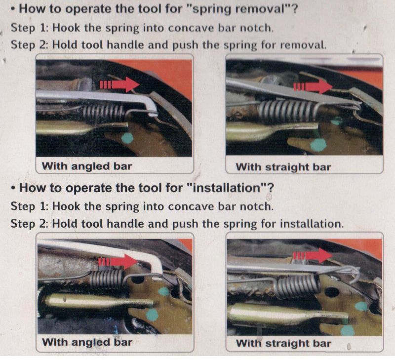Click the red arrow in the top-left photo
pyautogui.click(x=119, y=84)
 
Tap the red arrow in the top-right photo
pyautogui.click(x=313, y=87)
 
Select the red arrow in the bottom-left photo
pyautogui.click(x=118, y=262)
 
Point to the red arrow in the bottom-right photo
pyautogui.click(x=313, y=255)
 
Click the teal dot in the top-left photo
pyautogui.click(x=127, y=138)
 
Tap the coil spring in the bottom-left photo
pyautogui.click(x=107, y=279)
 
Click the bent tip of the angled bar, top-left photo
pyautogui.click(x=152, y=110)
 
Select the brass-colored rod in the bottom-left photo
pyautogui.click(x=99, y=301)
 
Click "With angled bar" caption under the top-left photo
pyautogui.click(x=87, y=166)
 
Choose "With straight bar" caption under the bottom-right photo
pyautogui.click(x=283, y=343)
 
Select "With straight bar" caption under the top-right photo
pyautogui.click(x=283, y=167)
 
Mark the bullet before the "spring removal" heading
pyautogui.click(x=13, y=9)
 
